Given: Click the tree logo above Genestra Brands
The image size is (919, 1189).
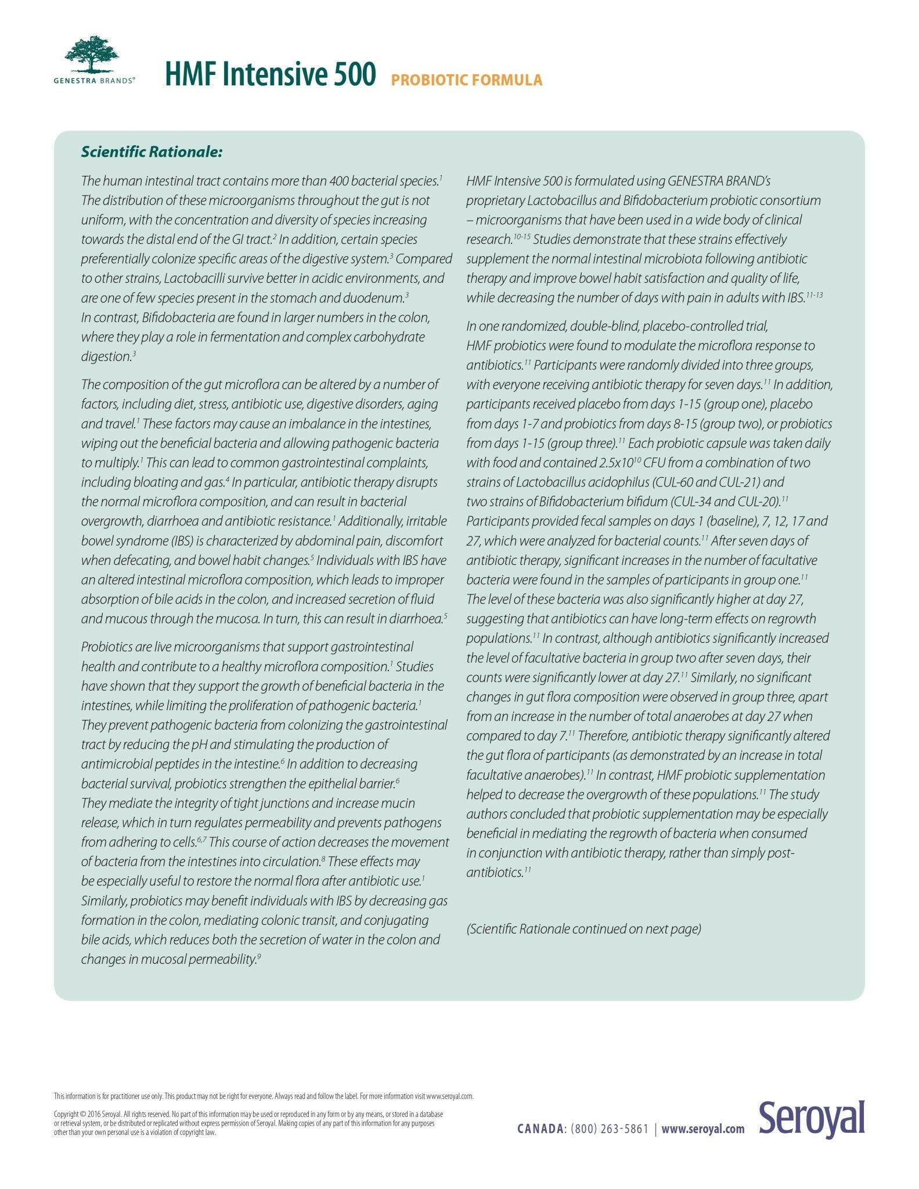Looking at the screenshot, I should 92,55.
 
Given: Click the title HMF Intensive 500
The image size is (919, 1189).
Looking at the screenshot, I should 270,74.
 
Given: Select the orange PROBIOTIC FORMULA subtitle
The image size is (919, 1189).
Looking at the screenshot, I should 466,80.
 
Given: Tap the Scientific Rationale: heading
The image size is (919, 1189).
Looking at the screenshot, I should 152,152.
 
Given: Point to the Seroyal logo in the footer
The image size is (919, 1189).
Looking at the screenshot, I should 811,1118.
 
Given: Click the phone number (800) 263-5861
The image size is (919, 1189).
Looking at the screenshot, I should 610,1129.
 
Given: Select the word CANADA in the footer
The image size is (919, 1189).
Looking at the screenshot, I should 540,1129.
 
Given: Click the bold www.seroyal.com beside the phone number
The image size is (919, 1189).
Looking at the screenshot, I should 702,1129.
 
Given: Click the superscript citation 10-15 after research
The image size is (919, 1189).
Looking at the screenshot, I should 522,237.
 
